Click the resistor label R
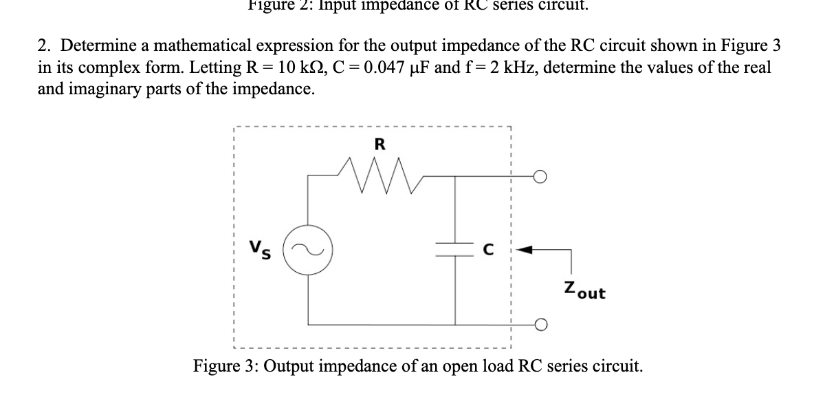(379, 144)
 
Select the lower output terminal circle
(541, 324)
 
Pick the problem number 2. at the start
(43, 47)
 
